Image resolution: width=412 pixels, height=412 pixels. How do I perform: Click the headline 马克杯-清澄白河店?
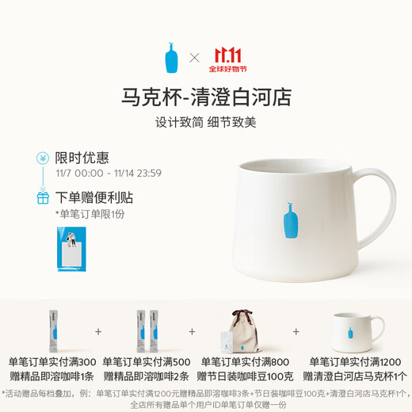coord(206,97)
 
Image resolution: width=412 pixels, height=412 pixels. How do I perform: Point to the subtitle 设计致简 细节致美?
coord(206,124)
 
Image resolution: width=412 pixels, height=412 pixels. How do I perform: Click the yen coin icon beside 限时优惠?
coord(43,158)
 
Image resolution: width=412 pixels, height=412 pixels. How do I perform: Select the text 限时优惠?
coord(82,158)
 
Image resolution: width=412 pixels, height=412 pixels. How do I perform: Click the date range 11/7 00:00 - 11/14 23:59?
coord(109,173)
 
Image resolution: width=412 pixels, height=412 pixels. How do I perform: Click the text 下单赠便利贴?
coord(93,196)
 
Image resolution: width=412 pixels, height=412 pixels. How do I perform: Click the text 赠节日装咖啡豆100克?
coord(244,376)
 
